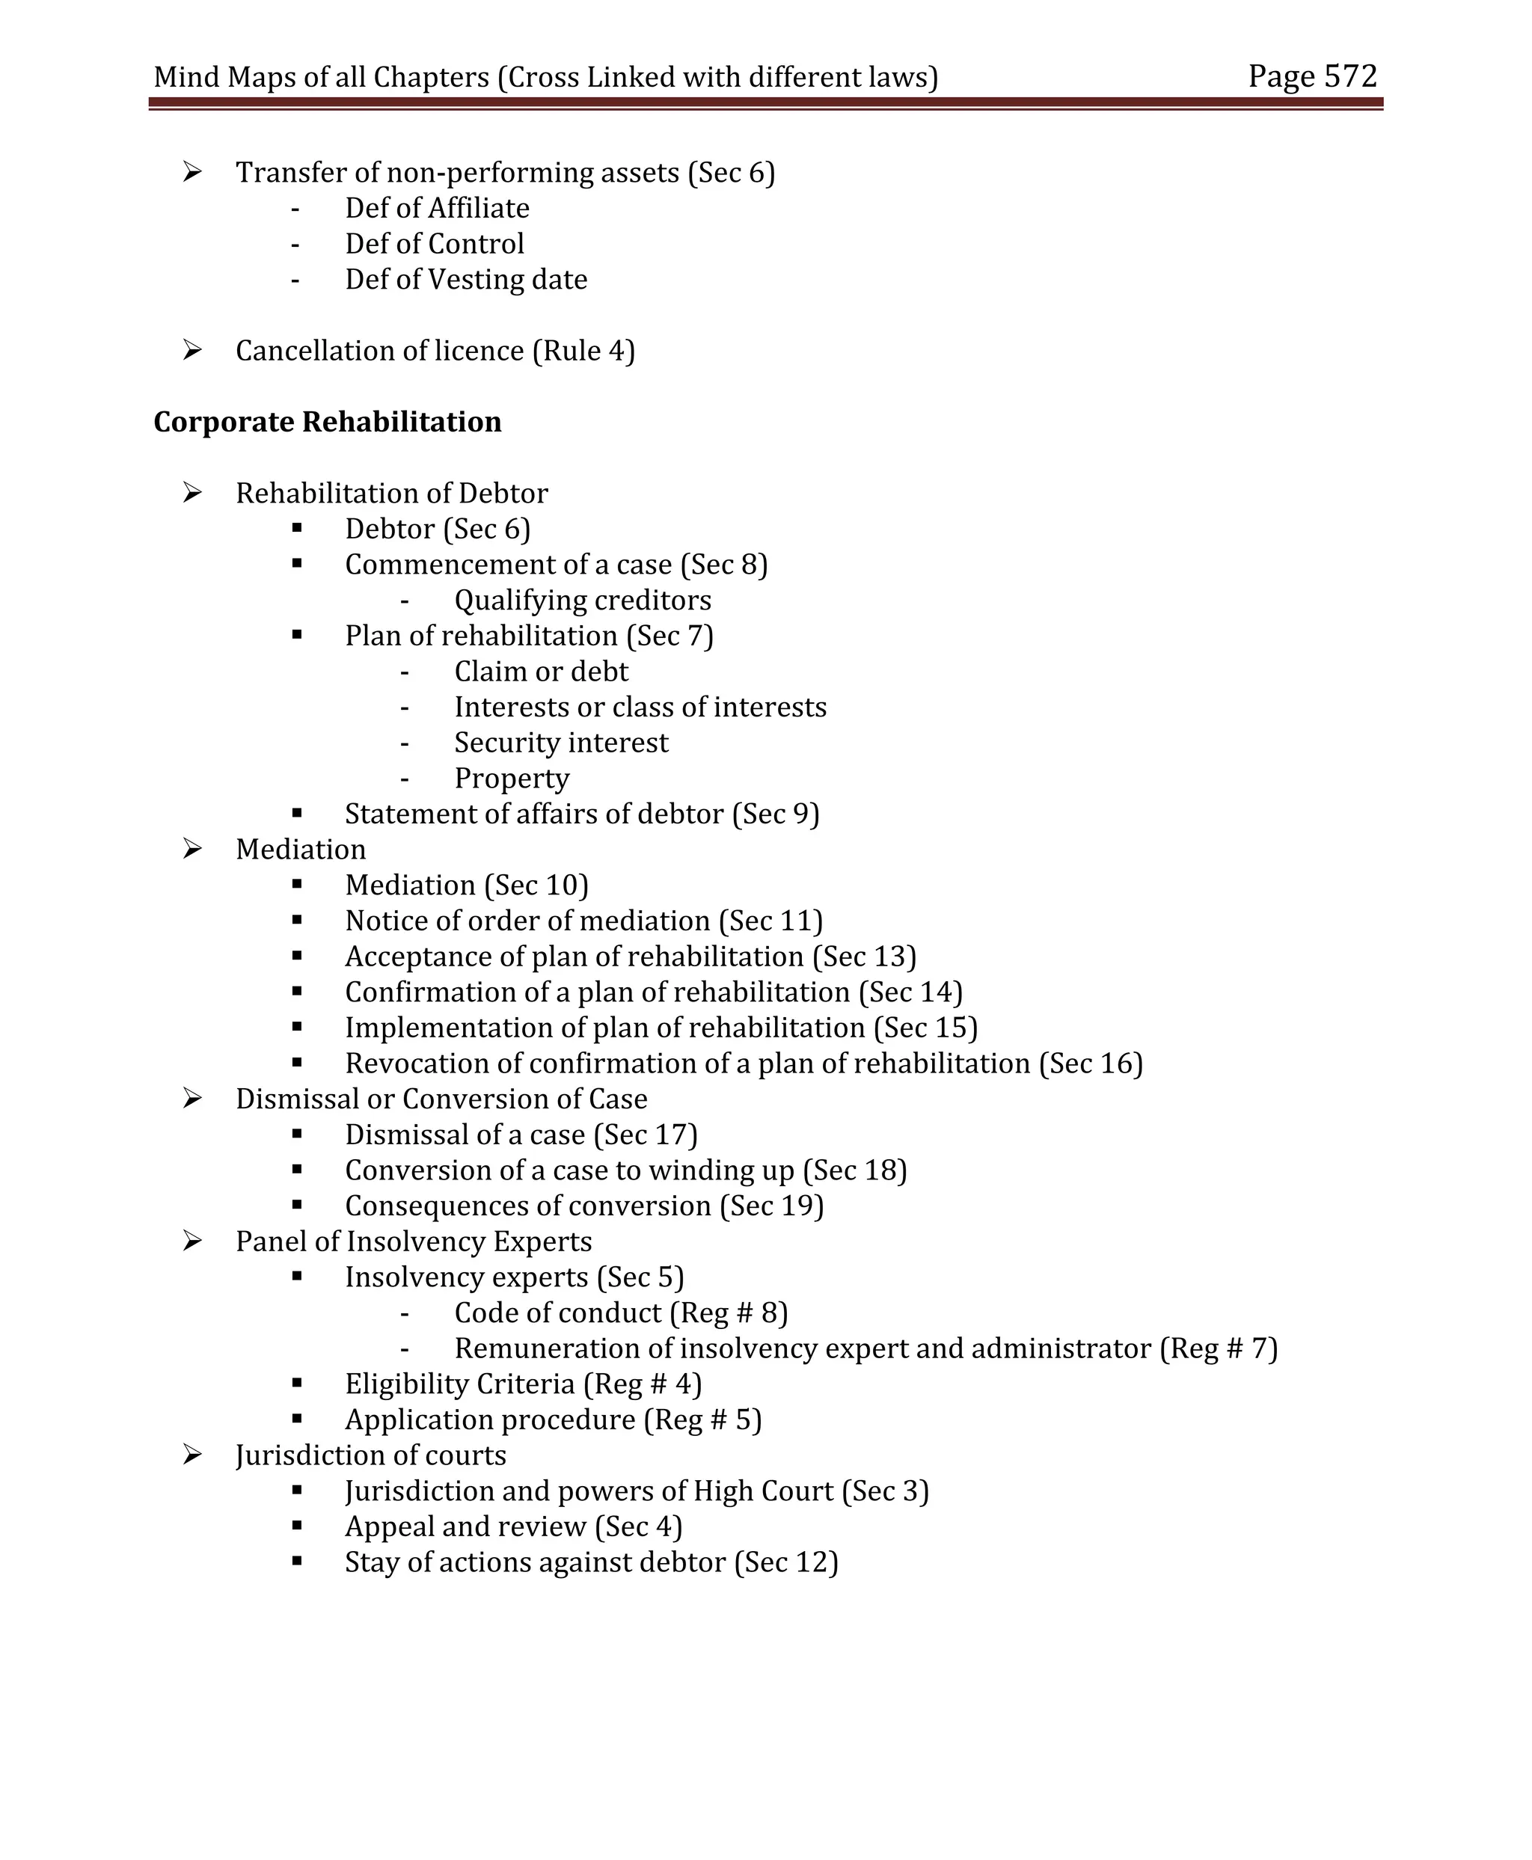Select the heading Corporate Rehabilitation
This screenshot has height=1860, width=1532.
[328, 422]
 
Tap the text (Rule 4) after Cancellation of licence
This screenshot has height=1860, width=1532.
[583, 352]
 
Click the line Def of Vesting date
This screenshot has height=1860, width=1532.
[466, 280]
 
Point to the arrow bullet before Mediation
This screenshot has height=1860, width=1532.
[192, 849]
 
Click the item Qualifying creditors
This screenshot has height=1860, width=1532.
[583, 600]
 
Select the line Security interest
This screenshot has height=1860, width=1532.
[561, 743]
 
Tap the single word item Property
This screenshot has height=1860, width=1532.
[512, 779]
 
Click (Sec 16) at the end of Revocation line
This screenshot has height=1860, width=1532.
[1091, 1063]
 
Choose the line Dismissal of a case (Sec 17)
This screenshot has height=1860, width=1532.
[521, 1135]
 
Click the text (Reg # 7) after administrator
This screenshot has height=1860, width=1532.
[1219, 1348]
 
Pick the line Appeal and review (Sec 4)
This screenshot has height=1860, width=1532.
[514, 1526]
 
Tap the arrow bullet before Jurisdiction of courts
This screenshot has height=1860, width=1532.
[192, 1455]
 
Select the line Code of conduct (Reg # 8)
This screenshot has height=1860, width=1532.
[620, 1313]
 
